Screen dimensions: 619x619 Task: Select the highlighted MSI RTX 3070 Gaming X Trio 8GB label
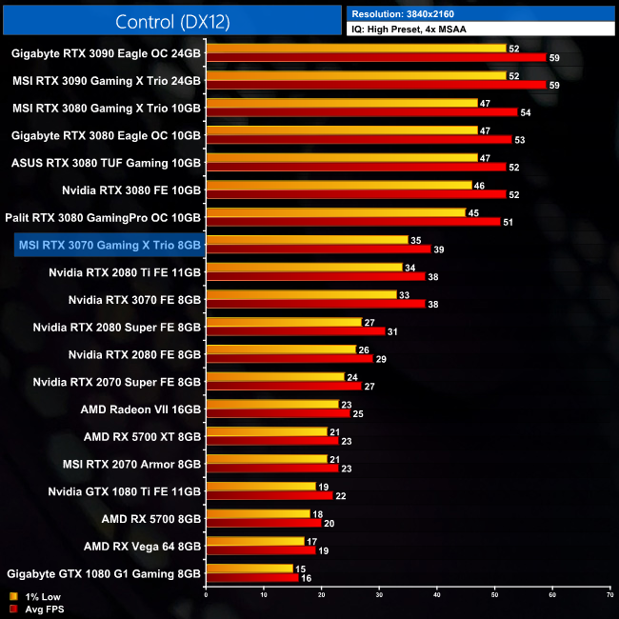coord(110,245)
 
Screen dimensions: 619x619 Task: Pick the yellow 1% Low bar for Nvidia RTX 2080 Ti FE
coord(304,267)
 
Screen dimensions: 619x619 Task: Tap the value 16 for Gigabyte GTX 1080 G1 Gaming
coord(306,578)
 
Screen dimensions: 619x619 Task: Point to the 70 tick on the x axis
coord(609,595)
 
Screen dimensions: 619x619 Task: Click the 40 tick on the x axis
coord(436,595)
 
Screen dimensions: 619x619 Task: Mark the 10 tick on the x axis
coord(264,595)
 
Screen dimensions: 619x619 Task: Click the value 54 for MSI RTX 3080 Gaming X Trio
coord(524,112)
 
